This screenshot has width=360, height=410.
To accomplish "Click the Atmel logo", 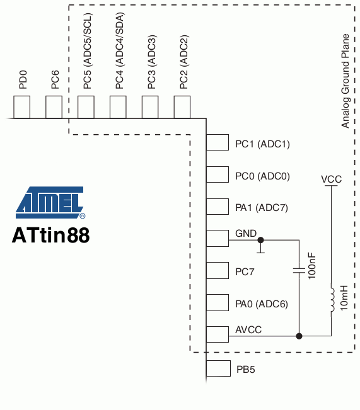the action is [50, 202].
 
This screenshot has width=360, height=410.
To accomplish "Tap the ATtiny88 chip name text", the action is [51, 235].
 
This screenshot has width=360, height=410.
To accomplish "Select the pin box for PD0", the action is [21, 107].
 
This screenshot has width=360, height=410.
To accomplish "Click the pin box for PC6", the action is [54, 107].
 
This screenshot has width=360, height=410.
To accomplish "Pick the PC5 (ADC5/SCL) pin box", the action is [86, 107].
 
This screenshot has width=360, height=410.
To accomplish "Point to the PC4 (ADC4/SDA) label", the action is [119, 51].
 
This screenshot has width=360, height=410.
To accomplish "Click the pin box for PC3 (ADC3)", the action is [150, 107].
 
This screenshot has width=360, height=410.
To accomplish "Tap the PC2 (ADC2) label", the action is [184, 62].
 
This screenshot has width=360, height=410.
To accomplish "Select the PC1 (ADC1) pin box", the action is [218, 142].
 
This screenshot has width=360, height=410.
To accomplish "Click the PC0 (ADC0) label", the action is [262, 176].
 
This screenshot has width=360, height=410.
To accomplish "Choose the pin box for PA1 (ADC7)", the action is [218, 207].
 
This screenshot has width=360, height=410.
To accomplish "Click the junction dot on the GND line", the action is [260, 240].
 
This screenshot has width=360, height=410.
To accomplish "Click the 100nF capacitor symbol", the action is [299, 270].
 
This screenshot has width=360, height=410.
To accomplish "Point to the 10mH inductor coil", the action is [332, 300].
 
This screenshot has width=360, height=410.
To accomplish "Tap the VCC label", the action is [331, 179].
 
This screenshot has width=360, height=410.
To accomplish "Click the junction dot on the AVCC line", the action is [299, 336].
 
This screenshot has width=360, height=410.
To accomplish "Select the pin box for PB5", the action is [218, 368].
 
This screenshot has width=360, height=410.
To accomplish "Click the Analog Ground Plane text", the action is [345, 81].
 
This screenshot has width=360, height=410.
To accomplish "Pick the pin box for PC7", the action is [218, 271].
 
